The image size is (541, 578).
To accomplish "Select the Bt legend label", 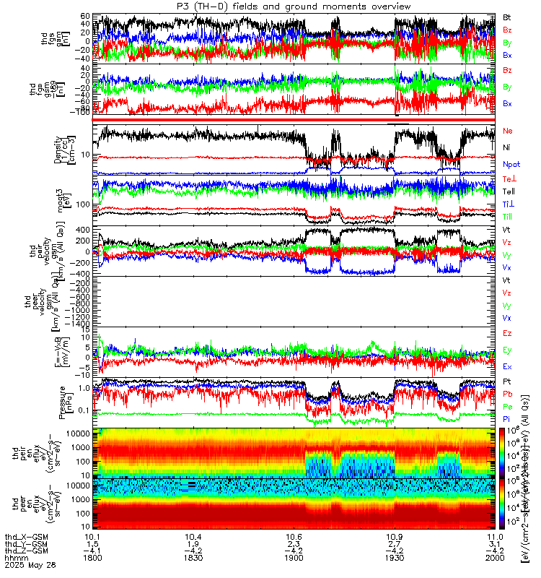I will click(507, 16).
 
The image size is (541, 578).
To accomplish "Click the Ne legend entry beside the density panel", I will click(508, 131).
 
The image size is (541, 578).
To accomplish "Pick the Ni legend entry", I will click(507, 147).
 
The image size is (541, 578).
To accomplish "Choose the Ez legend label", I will click(508, 333).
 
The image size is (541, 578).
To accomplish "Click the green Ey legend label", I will click(508, 350).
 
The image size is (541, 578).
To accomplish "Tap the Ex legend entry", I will click(508, 366).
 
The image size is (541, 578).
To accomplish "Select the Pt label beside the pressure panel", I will click(507, 381).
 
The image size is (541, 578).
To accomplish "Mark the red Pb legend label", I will click(508, 394).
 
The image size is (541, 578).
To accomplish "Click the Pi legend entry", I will click(507, 421).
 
